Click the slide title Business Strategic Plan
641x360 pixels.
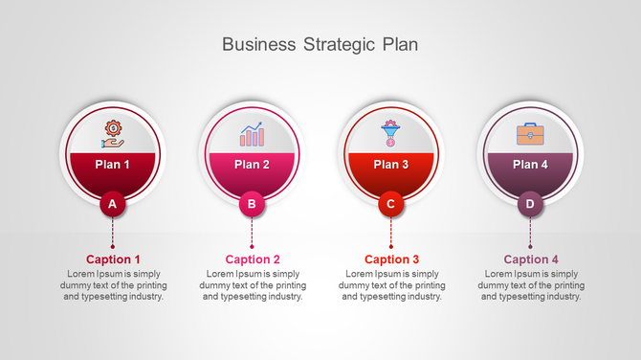click(x=320, y=44)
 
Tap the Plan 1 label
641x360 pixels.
click(x=113, y=165)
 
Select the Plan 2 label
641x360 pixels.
click(x=252, y=165)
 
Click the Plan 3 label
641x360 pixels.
click(x=390, y=165)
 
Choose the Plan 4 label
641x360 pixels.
click(x=530, y=165)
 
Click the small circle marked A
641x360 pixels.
click(x=113, y=203)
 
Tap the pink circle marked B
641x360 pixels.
click(x=252, y=203)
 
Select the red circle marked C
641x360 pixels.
click(x=390, y=203)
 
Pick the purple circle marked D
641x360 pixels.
click(x=530, y=203)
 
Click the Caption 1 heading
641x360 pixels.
click(x=113, y=259)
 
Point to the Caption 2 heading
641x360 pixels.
click(x=253, y=259)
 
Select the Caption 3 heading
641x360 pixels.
click(x=391, y=259)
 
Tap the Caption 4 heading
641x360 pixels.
click(x=531, y=259)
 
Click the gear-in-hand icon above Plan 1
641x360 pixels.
click(x=113, y=134)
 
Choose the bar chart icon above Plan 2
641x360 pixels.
click(x=252, y=134)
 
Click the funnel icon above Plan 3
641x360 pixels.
click(x=390, y=133)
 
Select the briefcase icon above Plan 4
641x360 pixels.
click(x=530, y=134)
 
